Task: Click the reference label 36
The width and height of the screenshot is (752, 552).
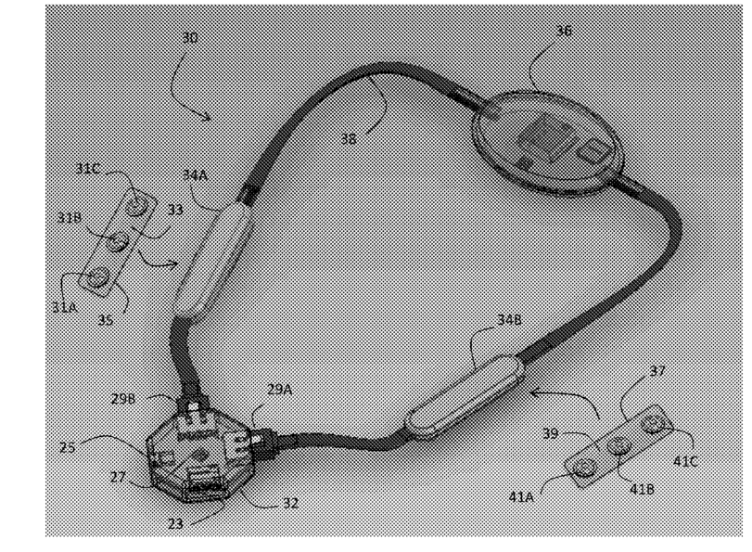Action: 564,31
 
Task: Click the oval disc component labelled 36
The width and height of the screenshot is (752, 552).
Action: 549,141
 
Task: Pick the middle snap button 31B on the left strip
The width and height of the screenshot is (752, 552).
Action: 117,243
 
